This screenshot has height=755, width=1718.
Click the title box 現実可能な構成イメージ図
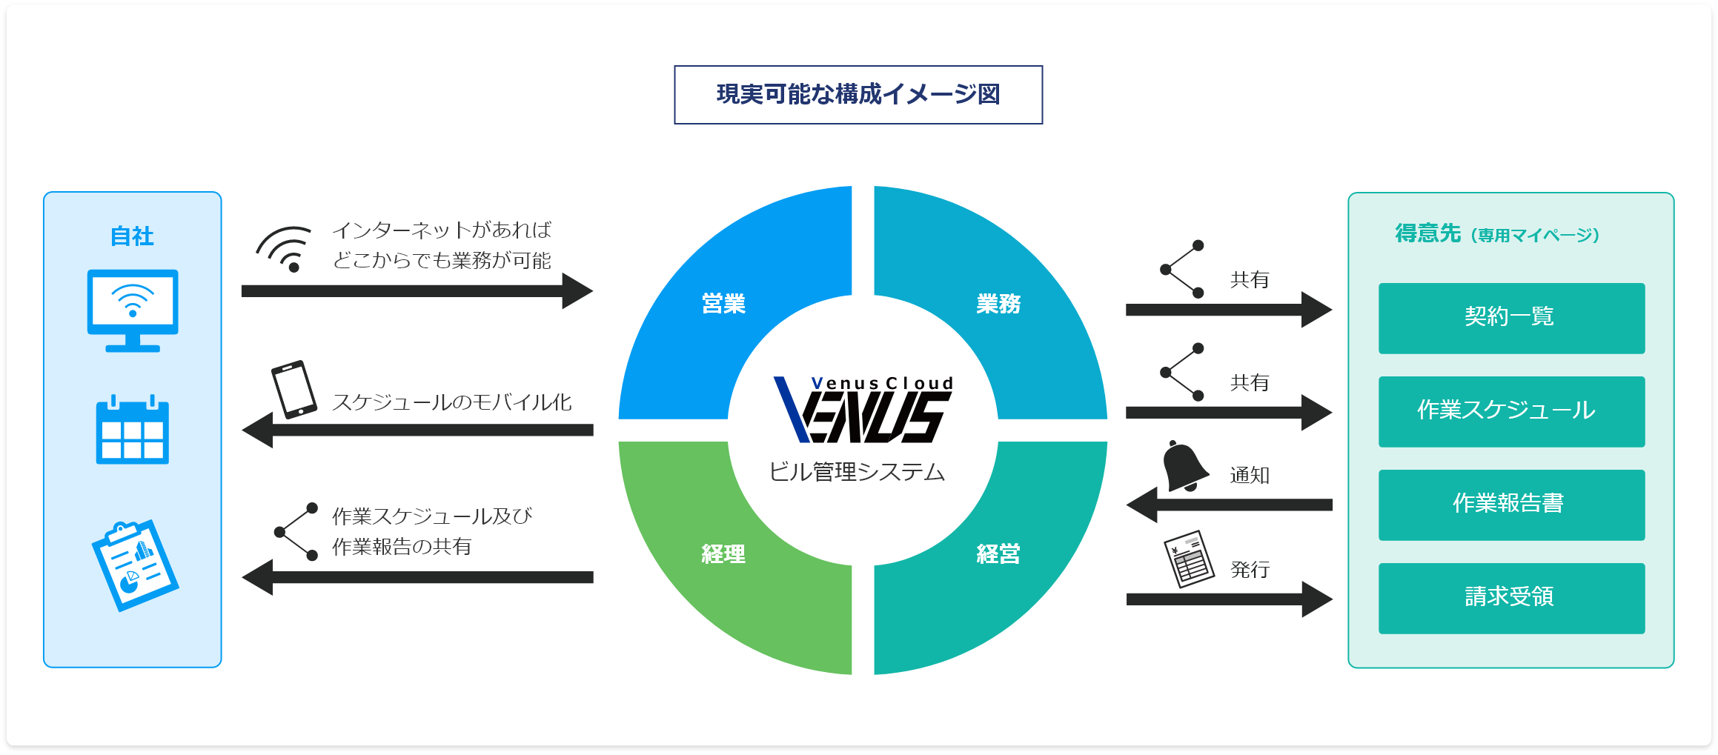[x=858, y=95]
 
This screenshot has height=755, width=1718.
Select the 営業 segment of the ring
[x=723, y=304]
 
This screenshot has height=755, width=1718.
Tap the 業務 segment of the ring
[x=998, y=304]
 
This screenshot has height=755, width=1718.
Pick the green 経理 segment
[x=723, y=554]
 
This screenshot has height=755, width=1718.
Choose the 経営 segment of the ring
[x=998, y=554]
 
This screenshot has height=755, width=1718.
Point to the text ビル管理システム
[x=858, y=472]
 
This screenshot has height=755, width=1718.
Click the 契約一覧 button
[x=1510, y=318]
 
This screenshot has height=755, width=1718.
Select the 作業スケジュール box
[x=1510, y=411]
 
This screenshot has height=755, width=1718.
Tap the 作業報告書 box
[x=1510, y=505]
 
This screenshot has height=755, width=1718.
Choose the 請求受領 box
[x=1510, y=598]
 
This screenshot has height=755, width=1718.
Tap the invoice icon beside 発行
[x=1189, y=559]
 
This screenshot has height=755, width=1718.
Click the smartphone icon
[x=294, y=390]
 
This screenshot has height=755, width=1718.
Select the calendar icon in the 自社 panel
[x=133, y=430]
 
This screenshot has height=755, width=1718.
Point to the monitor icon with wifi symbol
[x=133, y=309]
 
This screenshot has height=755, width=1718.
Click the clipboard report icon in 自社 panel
[x=135, y=565]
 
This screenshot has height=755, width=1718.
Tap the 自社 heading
[x=132, y=236]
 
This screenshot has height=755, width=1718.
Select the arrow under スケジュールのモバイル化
[x=417, y=430]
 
